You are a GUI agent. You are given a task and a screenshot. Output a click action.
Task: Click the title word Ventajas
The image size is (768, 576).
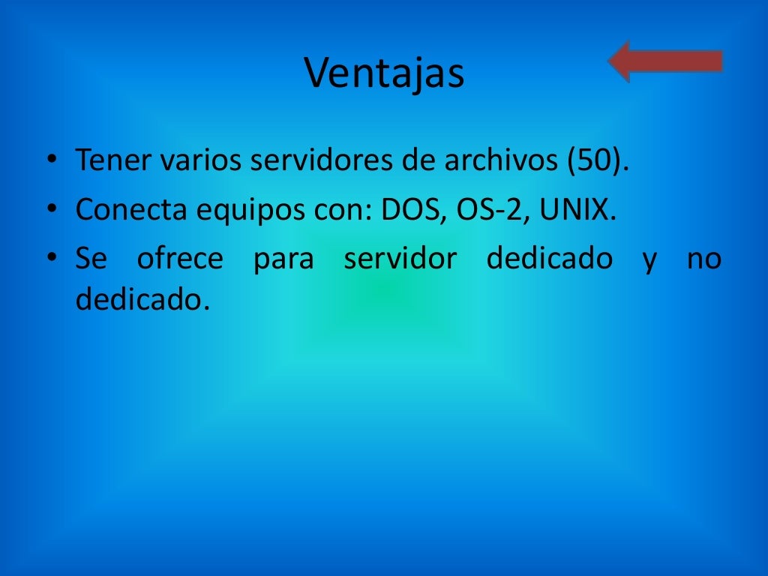click(384, 73)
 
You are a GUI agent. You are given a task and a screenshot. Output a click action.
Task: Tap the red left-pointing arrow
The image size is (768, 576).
click(664, 61)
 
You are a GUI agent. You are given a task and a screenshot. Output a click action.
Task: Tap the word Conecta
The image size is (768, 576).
click(131, 210)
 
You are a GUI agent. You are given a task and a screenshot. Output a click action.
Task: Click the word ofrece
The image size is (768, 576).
click(180, 259)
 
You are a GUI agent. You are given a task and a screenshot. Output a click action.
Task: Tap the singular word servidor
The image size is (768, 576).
click(400, 259)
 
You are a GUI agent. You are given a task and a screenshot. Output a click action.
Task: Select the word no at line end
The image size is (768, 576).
click(704, 259)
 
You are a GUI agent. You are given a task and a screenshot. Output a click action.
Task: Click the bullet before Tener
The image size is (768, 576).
click(50, 161)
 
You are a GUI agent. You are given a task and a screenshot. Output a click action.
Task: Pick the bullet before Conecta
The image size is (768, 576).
click(50, 211)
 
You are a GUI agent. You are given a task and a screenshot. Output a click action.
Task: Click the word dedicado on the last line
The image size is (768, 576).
click(139, 301)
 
